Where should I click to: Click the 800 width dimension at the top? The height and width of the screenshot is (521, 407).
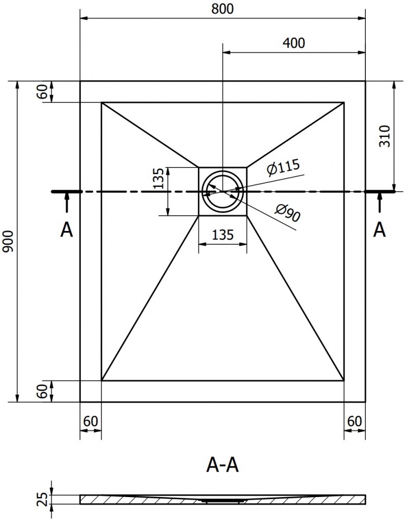point(222,9)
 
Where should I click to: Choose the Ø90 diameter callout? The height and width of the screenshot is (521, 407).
point(287,213)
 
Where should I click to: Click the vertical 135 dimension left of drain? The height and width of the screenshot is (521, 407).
point(159,178)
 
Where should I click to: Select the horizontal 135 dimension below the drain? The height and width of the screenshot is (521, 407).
point(222,235)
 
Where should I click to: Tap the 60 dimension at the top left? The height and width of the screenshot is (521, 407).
point(43,92)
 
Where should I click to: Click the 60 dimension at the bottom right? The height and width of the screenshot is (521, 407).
point(355,421)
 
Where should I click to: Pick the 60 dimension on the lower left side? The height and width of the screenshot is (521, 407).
point(43,391)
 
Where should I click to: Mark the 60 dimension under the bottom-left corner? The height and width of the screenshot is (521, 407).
point(91,421)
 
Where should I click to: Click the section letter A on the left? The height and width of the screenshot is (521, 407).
point(66,230)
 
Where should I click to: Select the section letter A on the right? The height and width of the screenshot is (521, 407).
point(380,230)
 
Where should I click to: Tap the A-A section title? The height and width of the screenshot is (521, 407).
point(222,464)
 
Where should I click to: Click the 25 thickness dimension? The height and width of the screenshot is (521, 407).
point(43,500)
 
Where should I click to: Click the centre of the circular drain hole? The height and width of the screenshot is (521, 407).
point(222,191)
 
